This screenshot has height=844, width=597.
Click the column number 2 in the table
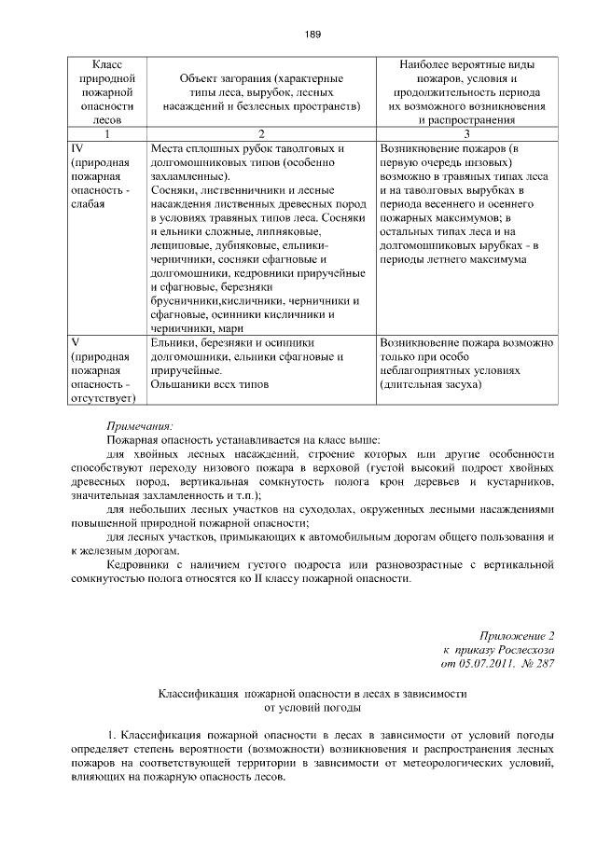[x=261, y=134]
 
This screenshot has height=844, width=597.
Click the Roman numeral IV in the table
[x=78, y=148]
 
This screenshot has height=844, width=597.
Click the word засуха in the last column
[x=458, y=384]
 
